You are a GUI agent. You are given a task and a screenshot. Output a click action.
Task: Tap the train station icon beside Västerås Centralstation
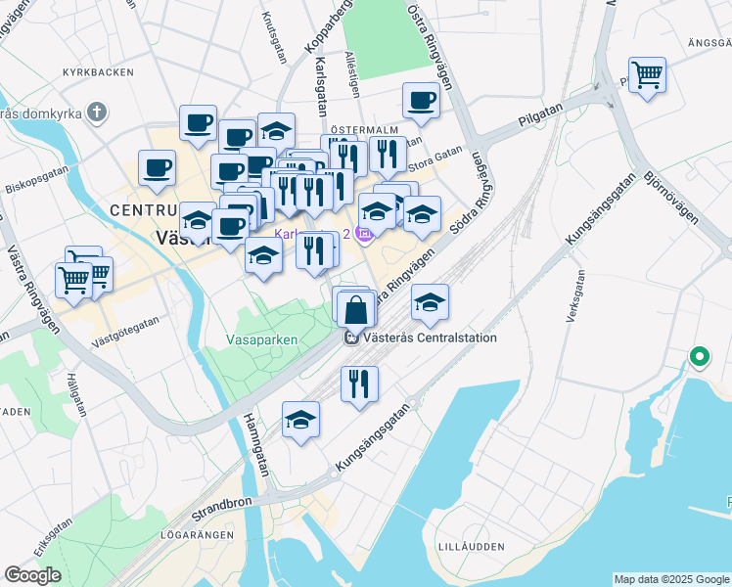351,339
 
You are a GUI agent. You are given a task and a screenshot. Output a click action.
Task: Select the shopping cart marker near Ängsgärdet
647,74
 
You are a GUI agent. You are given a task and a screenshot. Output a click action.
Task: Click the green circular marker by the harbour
699,357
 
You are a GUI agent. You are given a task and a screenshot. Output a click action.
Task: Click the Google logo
32,575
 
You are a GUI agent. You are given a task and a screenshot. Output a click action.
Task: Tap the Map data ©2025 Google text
671,579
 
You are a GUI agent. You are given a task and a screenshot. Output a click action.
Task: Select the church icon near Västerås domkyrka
96,113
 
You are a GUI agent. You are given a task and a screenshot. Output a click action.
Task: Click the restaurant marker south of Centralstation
359,383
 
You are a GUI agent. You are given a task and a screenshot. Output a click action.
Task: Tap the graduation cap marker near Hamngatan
300,421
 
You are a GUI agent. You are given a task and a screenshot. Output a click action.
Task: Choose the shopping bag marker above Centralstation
357,309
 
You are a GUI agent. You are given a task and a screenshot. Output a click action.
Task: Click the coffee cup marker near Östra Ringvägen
421,101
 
